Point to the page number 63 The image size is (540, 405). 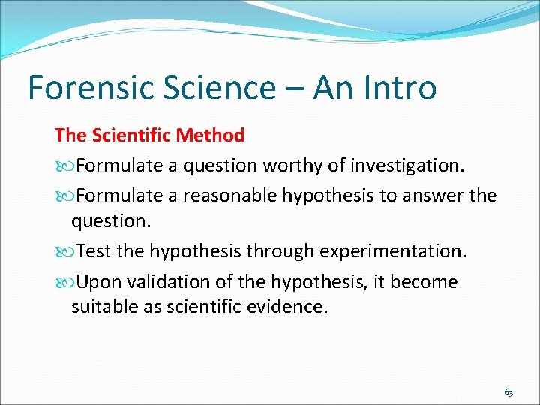tap(508, 392)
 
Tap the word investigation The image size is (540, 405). tap(407, 165)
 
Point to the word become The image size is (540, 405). tap(427, 282)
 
